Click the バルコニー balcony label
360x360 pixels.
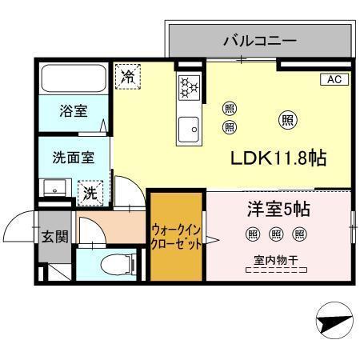pos(260,39)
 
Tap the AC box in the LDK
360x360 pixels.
pos(334,79)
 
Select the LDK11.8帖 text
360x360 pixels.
pos(278,158)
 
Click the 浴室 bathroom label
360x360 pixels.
pos(73,111)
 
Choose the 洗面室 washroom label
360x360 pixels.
pos(73,158)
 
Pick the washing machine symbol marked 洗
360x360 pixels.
pos(90,192)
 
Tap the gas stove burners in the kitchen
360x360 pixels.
pos(190,86)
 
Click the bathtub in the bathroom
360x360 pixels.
pos(74,78)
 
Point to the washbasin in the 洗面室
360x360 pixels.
pos(55,190)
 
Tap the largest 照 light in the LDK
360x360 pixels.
pos(286,120)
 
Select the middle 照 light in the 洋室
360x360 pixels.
pos(276,234)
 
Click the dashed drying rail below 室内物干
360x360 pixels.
pos(276,270)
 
